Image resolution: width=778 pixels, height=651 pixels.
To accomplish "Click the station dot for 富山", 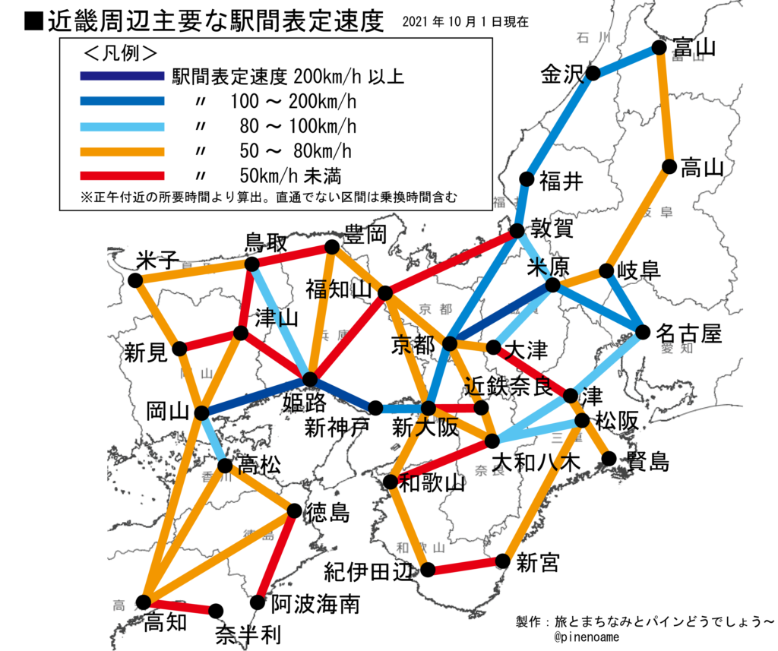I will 659,48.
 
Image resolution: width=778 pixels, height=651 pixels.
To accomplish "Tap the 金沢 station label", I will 561,74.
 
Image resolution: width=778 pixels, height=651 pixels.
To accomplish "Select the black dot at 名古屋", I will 643,332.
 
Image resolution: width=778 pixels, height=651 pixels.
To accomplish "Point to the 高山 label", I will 701,169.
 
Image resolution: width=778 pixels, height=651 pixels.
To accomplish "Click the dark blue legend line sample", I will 122,76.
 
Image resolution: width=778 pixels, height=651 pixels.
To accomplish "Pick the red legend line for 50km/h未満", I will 122,175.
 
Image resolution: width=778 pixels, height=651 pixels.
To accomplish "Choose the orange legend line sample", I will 122,150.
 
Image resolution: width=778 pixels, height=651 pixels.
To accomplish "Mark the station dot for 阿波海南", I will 258,602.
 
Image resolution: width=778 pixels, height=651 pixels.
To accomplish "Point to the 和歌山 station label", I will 432,483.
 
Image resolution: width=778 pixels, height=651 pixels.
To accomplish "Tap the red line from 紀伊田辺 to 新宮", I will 465,566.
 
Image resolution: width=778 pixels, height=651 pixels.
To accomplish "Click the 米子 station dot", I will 136,280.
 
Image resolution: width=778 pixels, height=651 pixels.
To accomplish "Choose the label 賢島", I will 647,461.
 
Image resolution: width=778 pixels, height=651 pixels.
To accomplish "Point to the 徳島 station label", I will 327,514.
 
